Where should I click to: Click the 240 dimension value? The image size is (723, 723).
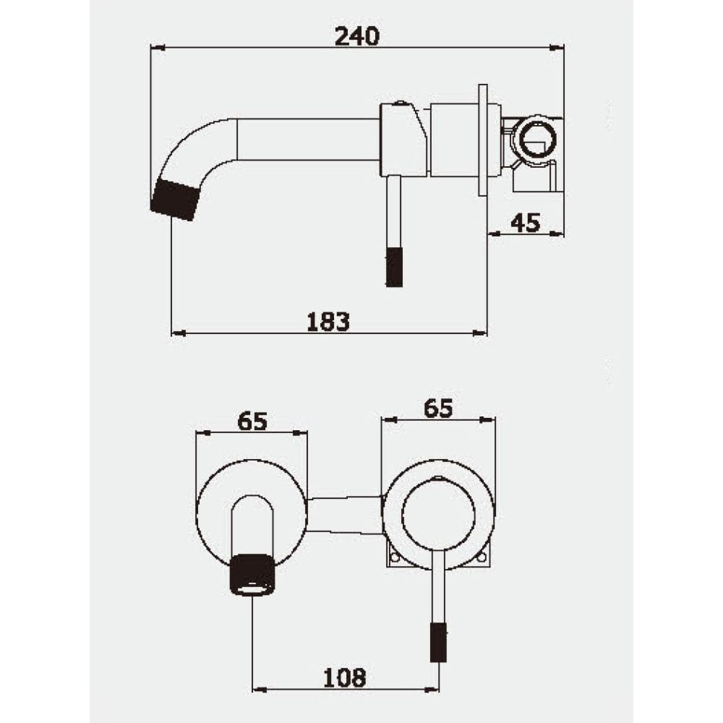pos(357,37)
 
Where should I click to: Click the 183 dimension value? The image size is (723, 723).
pos(328,321)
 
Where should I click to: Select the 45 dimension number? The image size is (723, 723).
pos(525,223)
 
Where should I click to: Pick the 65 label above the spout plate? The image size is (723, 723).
pos(252,422)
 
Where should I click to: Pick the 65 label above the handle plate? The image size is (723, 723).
pos(438,408)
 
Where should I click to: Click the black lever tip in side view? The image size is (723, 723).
pos(394,267)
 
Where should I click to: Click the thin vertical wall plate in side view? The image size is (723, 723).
pos(483,140)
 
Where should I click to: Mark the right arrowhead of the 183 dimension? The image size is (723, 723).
pos(480,333)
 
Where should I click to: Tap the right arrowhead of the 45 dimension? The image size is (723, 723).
pos(557,234)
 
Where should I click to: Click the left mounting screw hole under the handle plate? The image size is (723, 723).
pos(395,568)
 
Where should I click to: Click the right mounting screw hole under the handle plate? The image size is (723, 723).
pos(482,568)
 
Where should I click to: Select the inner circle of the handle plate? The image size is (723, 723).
pos(438,516)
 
